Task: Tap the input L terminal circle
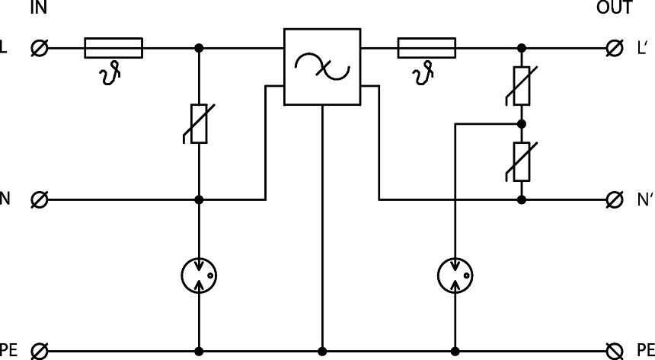pyautogui.click(x=40, y=48)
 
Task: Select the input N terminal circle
pyautogui.click(x=40, y=200)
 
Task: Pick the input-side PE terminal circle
pyautogui.click(x=40, y=351)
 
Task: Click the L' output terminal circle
pyautogui.click(x=614, y=48)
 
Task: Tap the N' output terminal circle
pyautogui.click(x=614, y=200)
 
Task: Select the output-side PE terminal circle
pyautogui.click(x=614, y=351)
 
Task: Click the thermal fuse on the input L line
pyautogui.click(x=113, y=48)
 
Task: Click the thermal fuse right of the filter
pyautogui.click(x=427, y=48)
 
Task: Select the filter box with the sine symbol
pyautogui.click(x=322, y=67)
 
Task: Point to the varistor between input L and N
pyautogui.click(x=199, y=124)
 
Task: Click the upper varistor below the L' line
pyautogui.click(x=522, y=84)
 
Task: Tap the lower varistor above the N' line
pyautogui.click(x=522, y=161)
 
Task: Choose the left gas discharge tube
pyautogui.click(x=200, y=275)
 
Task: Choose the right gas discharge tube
pyautogui.click(x=455, y=275)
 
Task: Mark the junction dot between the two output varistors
pyautogui.click(x=522, y=123)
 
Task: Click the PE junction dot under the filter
pyautogui.click(x=322, y=351)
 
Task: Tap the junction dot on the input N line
pyautogui.click(x=200, y=200)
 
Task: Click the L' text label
pyautogui.click(x=641, y=48)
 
